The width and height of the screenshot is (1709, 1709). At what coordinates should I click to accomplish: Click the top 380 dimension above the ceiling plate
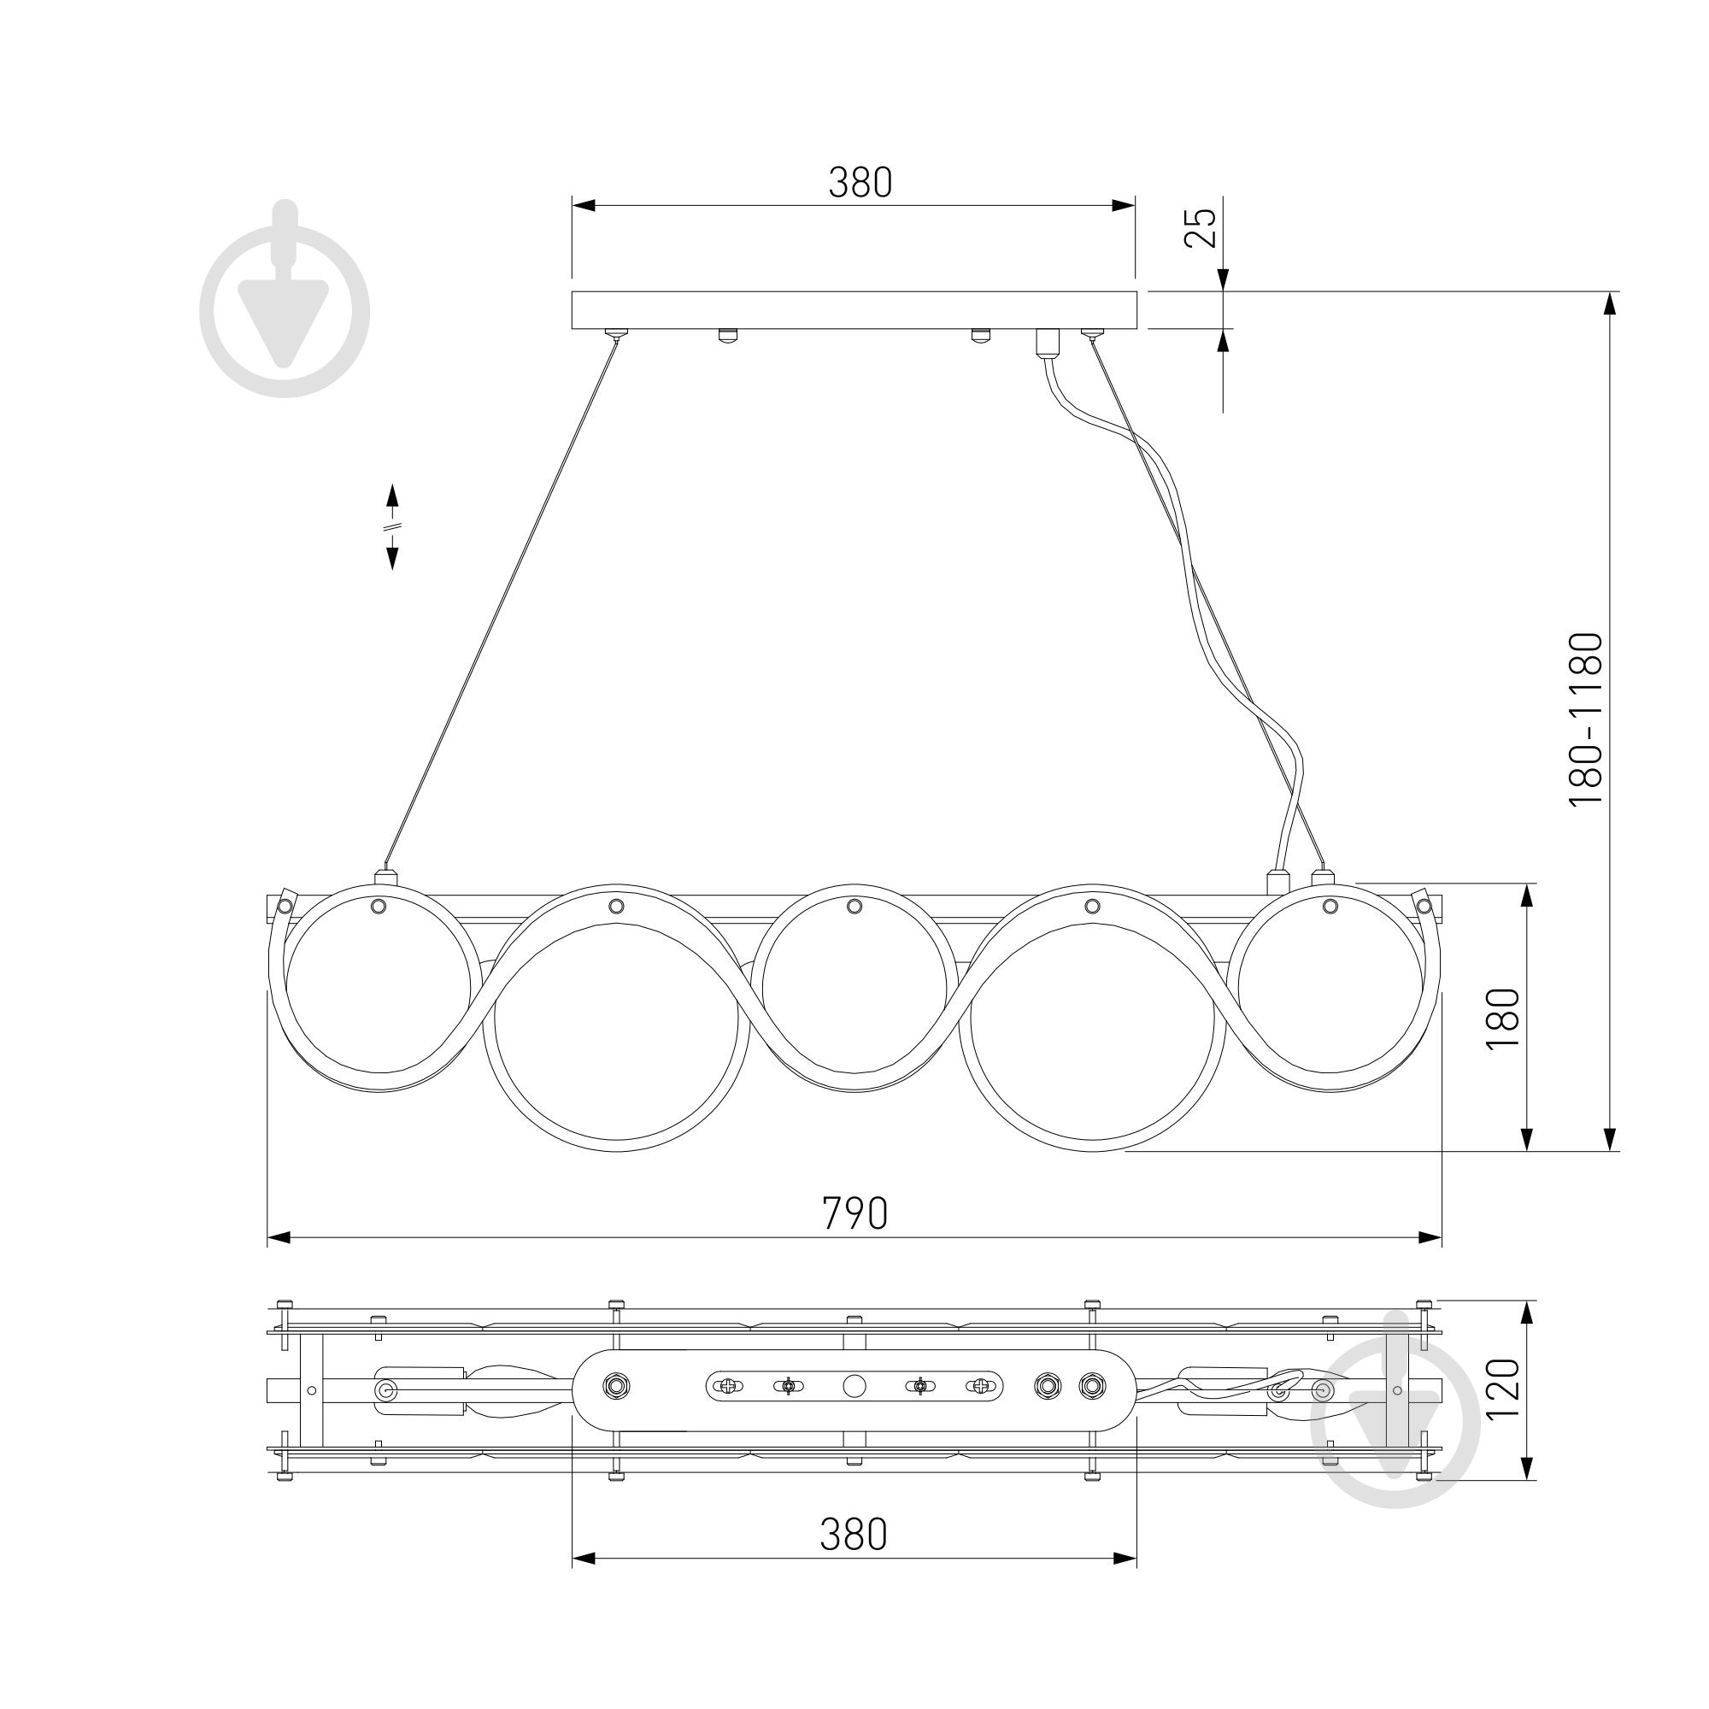point(860,182)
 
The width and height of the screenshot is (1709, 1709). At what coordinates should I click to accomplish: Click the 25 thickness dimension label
point(1201,227)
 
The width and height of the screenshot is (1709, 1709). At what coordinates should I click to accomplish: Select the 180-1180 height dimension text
point(1585,718)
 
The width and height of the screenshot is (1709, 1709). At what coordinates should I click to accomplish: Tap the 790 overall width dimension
point(854,1213)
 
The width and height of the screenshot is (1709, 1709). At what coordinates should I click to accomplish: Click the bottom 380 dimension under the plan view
point(853,1535)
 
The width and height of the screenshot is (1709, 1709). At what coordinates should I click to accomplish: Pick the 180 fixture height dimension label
point(1502,1019)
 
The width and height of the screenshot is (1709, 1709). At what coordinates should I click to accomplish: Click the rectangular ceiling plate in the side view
point(854,309)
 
